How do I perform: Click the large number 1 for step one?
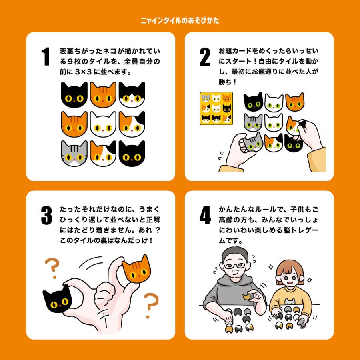pyautogui.click(x=46, y=56)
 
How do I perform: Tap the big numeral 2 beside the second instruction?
pyautogui.click(x=205, y=57)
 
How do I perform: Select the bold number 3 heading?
pyautogui.click(x=46, y=215)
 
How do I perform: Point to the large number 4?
pyautogui.click(x=205, y=215)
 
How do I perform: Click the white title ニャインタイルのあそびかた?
pyautogui.click(x=180, y=20)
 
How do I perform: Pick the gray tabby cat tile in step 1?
pyautogui.click(x=74, y=153)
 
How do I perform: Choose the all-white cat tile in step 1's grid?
pyautogui.click(x=103, y=124)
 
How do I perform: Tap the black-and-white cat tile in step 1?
pyautogui.click(x=132, y=94)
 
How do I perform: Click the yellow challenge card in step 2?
pyautogui.click(x=216, y=108)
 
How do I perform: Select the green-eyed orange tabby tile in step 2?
pyautogui.click(x=295, y=102)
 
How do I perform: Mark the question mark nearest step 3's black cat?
pyautogui.click(x=52, y=268)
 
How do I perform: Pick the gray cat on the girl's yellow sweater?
pyautogui.click(x=290, y=302)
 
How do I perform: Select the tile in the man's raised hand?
pyautogui.click(x=248, y=297)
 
